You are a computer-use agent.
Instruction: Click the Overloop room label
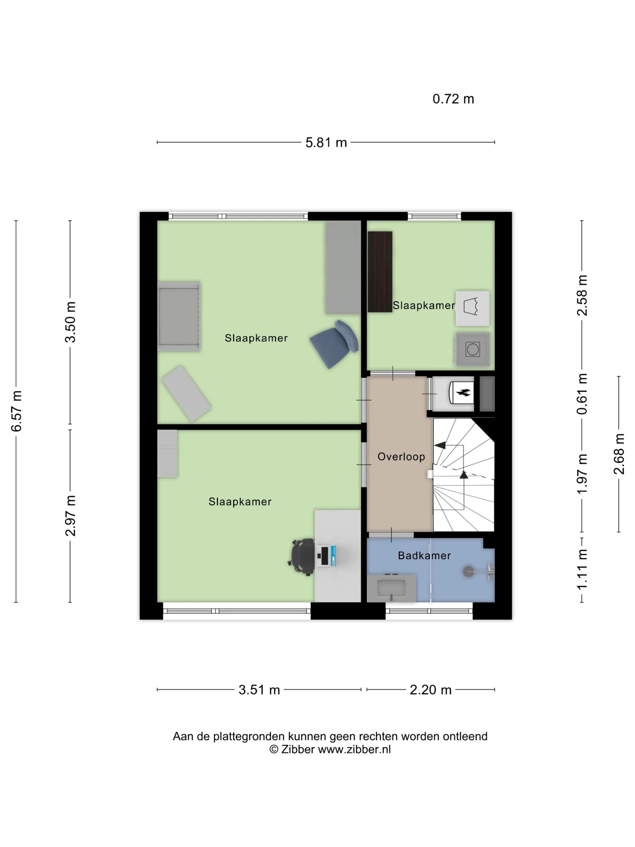(x=401, y=456)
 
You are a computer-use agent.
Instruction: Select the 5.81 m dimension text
(x=326, y=142)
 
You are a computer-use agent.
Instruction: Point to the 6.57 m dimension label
(x=16, y=411)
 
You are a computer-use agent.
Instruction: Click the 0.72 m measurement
(x=453, y=99)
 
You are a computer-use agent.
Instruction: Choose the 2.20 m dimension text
(x=431, y=690)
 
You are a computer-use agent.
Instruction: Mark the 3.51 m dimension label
(x=259, y=690)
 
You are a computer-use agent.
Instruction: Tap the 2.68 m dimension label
(x=619, y=454)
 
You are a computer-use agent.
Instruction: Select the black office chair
(x=301, y=557)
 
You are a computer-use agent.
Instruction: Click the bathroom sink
(x=391, y=588)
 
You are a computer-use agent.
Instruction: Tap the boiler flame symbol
(x=464, y=392)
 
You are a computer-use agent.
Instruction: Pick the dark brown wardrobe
(x=380, y=271)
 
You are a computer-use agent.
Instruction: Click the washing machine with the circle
(x=472, y=349)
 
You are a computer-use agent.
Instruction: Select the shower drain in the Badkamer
(x=468, y=572)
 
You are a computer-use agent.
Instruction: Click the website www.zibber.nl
(x=354, y=750)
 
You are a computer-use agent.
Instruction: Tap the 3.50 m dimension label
(x=70, y=322)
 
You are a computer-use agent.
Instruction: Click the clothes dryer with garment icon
(x=472, y=308)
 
